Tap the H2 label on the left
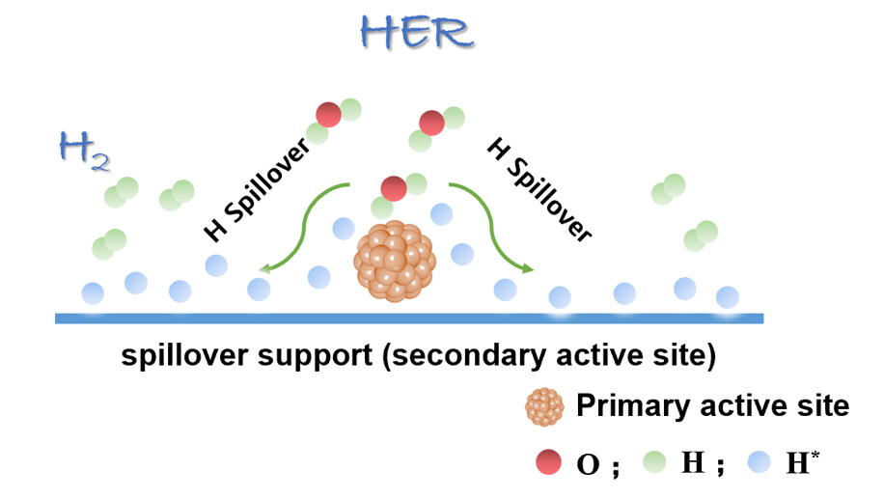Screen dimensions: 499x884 point(82,152)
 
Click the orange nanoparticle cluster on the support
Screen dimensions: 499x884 point(396,260)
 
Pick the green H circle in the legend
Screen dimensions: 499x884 point(657,462)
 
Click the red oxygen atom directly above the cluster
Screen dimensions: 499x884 point(393,188)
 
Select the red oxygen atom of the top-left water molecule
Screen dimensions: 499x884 point(329,114)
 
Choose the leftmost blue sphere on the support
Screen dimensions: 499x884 point(93,292)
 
